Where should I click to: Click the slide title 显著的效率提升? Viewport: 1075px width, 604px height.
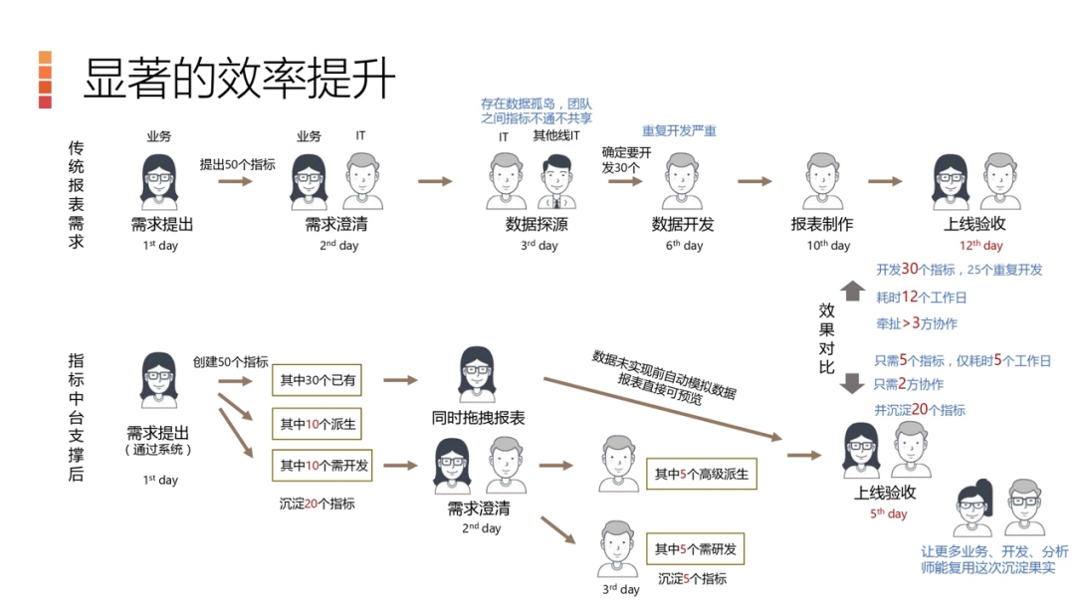point(239,79)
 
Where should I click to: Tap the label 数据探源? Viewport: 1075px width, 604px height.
point(537,224)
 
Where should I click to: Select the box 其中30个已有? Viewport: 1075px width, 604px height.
point(318,380)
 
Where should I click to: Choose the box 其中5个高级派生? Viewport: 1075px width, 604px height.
point(701,475)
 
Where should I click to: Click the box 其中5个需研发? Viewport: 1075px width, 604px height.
point(695,549)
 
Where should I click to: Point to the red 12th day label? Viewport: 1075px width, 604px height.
point(981,245)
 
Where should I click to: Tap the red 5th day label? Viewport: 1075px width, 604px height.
point(889,513)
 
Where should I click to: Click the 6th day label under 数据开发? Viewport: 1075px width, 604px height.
point(685,245)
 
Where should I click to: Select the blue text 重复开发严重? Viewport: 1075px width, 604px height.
point(679,131)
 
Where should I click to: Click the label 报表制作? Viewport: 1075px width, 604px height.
point(822,224)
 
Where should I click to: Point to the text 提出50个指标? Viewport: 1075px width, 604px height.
point(237,164)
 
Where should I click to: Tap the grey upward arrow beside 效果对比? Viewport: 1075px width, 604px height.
point(852,290)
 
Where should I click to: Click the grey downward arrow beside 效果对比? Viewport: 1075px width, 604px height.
point(852,383)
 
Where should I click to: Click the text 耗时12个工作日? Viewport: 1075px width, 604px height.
point(921,297)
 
